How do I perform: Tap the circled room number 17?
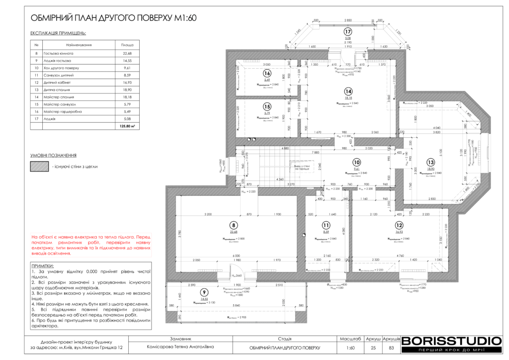pyautogui.click(x=348, y=31)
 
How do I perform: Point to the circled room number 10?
pyautogui.click(x=356, y=162)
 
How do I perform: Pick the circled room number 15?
pyautogui.click(x=267, y=106)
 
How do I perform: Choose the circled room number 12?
pyautogui.click(x=399, y=225)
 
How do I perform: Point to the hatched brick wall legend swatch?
pyautogui.click(x=39, y=167)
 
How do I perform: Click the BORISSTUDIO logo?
pyautogui.click(x=451, y=341)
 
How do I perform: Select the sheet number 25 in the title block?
pyautogui.click(x=373, y=348)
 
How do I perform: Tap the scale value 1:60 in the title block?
pyautogui.click(x=350, y=348)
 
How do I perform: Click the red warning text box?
pyautogui.click(x=90, y=245)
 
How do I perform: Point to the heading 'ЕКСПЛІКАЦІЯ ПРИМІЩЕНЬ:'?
pyautogui.click(x=58, y=33)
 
